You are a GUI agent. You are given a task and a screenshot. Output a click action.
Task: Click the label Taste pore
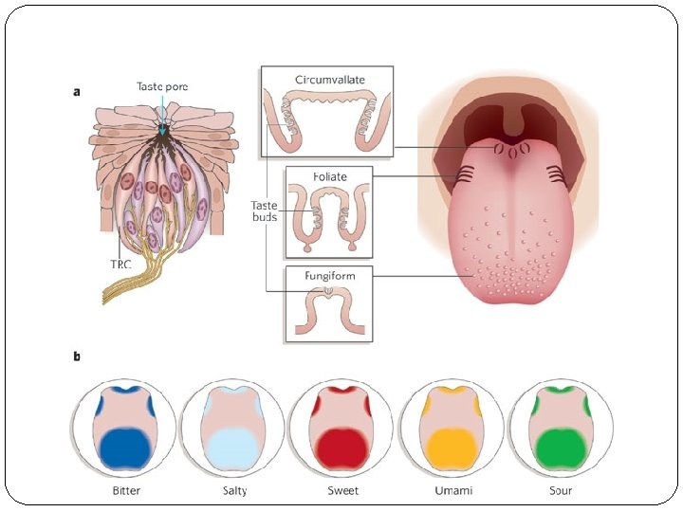tap(162, 86)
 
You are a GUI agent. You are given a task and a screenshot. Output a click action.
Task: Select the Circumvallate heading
tap(329, 79)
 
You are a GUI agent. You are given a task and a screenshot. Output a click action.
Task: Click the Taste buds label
tap(265, 210)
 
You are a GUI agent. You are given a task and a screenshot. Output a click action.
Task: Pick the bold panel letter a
tap(78, 92)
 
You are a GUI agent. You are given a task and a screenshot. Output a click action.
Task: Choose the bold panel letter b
tap(78, 357)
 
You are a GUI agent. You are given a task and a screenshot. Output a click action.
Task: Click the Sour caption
tap(560, 491)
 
